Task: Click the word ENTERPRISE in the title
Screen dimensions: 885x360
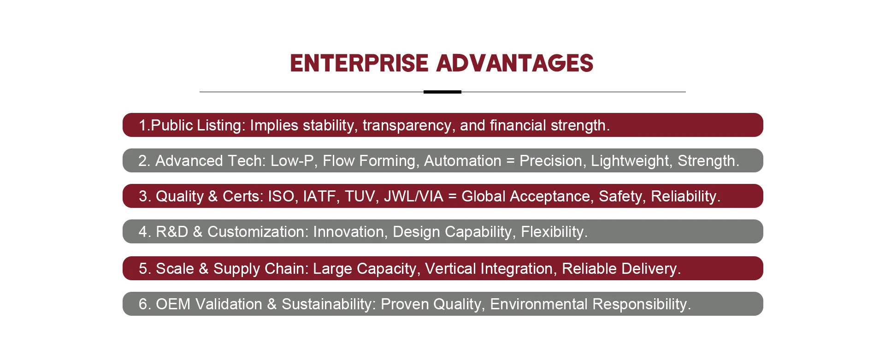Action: click(x=359, y=64)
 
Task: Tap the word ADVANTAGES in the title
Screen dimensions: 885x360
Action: click(x=514, y=64)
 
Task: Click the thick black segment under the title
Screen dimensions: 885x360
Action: click(x=442, y=92)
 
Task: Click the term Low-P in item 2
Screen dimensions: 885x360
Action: click(x=292, y=161)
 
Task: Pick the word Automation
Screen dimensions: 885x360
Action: click(x=462, y=161)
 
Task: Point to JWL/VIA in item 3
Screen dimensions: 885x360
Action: click(x=413, y=196)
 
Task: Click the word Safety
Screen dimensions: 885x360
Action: click(x=622, y=197)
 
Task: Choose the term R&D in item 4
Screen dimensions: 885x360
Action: click(x=172, y=232)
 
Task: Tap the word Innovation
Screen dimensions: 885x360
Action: click(x=349, y=232)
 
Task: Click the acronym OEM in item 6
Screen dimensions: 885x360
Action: click(x=173, y=304)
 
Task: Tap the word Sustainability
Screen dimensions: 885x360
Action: click(x=329, y=304)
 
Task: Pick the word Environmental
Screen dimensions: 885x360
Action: click(x=539, y=304)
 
